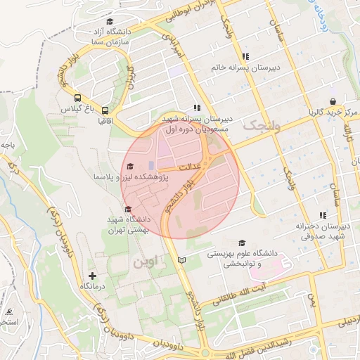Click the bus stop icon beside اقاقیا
pos(105,110)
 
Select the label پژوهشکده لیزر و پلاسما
pos(122,176)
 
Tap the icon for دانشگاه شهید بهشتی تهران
pos(127,209)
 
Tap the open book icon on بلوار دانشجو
pos(183,261)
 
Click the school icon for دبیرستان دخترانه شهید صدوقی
pos(323,215)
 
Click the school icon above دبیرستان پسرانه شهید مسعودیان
pos(197,108)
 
